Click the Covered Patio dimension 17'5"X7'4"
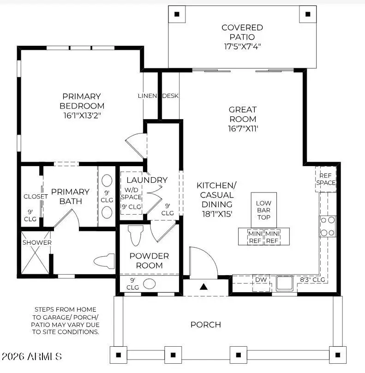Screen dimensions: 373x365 [242, 46]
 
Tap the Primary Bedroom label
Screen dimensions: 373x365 [82, 101]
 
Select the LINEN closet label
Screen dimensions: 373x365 [148, 96]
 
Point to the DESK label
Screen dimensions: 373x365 [170, 96]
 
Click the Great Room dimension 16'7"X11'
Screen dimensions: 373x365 [243, 129]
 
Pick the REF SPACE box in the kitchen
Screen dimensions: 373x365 [326, 179]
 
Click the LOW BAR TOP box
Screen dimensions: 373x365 [263, 210]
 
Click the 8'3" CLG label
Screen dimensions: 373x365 [313, 280]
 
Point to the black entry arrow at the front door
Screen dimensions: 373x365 [203, 287]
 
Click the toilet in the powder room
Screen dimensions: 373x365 [135, 235]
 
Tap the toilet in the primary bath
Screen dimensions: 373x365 [104, 261]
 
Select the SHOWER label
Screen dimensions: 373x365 [37, 242]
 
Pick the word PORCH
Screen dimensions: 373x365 [205, 325]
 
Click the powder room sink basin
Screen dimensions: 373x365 [149, 283]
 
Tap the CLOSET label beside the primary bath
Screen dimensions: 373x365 [36, 196]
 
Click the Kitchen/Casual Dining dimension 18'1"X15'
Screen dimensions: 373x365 [216, 214]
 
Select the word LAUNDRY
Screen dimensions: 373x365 [147, 180]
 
